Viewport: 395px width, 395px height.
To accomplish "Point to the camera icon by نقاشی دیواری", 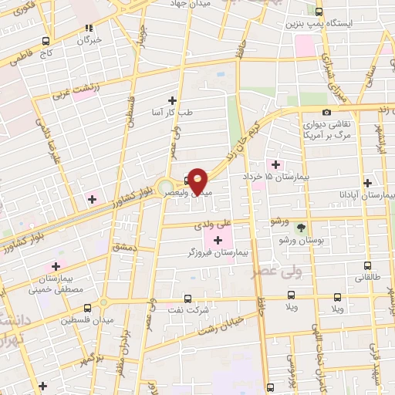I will pyautogui.click(x=328, y=113).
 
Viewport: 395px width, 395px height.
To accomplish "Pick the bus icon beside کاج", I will pyautogui.click(x=46, y=41).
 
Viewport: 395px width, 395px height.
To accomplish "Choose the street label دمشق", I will pyautogui.click(x=123, y=248).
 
